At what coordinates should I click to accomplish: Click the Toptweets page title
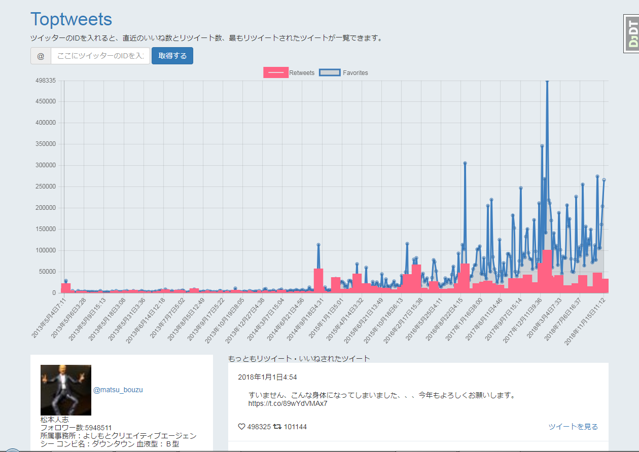[71, 19]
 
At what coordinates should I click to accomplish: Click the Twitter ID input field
[100, 56]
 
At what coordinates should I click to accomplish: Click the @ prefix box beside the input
[41, 56]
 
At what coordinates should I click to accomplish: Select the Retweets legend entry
[289, 73]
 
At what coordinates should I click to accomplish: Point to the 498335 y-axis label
[45, 81]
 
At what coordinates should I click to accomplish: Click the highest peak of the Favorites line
[547, 81]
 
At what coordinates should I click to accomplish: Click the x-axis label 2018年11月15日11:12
[586, 320]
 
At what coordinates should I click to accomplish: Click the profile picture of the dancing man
[66, 390]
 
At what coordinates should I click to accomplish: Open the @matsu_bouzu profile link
[118, 390]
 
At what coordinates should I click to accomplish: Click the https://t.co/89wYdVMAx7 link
[288, 404]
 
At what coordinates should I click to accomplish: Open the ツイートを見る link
[573, 427]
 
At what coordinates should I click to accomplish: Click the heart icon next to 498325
[241, 427]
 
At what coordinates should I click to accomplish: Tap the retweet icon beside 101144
[277, 427]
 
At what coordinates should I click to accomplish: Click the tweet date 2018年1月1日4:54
[267, 377]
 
